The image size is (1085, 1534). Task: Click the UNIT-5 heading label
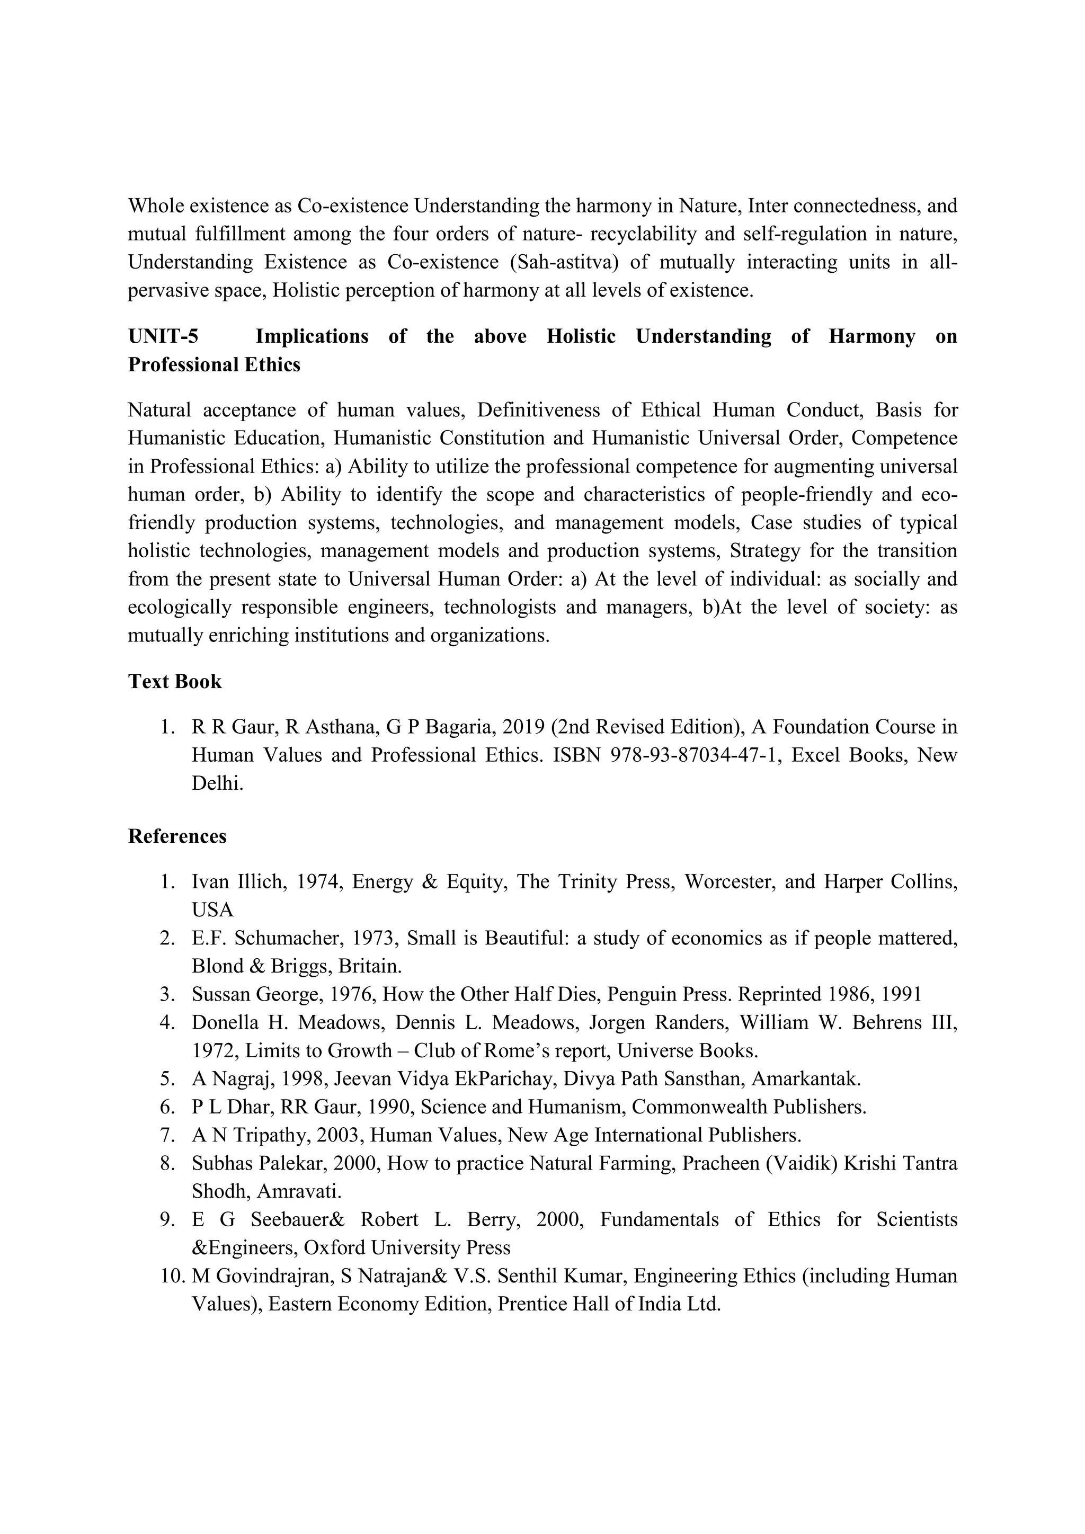click(x=163, y=336)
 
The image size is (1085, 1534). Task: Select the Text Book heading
click(x=174, y=682)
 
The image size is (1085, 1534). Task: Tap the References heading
click(x=177, y=836)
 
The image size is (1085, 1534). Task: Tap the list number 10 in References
click(x=171, y=1276)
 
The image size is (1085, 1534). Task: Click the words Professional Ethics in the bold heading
click(x=214, y=365)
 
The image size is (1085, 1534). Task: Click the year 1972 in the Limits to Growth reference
click(x=214, y=1051)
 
